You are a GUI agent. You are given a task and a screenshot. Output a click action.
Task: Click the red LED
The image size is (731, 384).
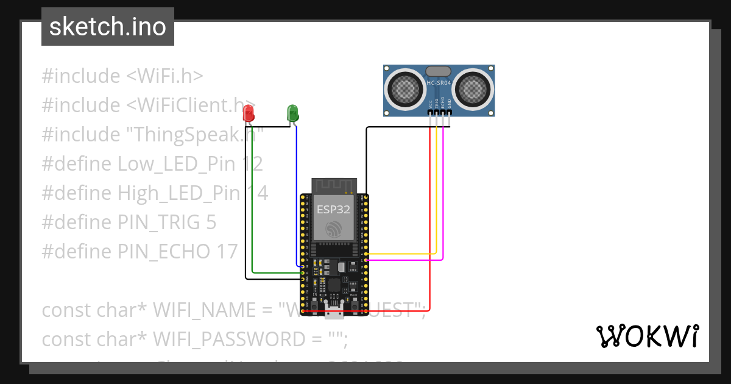(248, 113)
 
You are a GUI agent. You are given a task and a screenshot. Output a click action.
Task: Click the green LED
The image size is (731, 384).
(292, 113)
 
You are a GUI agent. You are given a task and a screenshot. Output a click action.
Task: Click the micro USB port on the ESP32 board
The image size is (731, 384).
(334, 313)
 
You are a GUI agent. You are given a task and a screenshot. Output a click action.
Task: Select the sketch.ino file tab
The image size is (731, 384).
(108, 27)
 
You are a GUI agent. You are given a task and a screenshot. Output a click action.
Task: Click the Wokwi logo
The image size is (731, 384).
(647, 336)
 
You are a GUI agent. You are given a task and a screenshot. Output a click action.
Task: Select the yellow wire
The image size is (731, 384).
(402, 253)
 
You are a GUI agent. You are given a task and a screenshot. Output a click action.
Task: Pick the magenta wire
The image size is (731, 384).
(402, 260)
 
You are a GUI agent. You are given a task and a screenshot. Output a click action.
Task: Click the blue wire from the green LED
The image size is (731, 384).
(297, 195)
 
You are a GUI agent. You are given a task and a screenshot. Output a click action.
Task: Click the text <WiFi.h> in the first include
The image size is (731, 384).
(164, 76)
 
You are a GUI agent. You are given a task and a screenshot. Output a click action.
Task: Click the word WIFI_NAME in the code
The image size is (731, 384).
(204, 310)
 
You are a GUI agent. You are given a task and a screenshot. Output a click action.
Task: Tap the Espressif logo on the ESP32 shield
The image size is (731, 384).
(333, 230)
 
